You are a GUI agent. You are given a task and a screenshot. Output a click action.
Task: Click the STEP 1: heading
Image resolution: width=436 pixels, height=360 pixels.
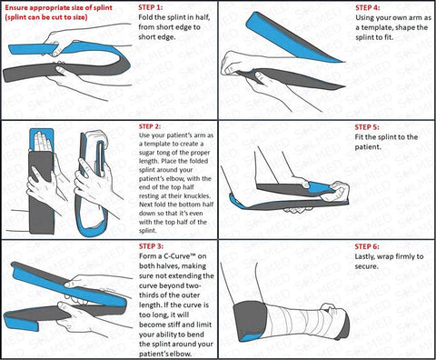[150, 7]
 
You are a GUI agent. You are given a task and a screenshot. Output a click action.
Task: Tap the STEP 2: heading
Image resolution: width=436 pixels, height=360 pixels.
[150, 126]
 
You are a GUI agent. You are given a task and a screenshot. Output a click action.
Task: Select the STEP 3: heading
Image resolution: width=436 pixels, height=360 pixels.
[151, 246]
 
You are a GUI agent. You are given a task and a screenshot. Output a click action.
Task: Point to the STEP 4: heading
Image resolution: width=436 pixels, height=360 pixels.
[368, 7]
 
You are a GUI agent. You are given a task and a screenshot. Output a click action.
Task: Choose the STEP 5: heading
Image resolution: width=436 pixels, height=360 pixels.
[367, 127]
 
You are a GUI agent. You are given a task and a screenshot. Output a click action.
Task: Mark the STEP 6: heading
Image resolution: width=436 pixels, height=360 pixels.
[367, 246]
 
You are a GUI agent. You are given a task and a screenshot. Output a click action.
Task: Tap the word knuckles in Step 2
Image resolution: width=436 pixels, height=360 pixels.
[198, 195]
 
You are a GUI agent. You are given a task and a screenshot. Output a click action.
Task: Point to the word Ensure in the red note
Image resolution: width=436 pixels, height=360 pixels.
[15, 7]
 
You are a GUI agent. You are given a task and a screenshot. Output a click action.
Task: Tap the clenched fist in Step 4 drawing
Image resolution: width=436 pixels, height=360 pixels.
[234, 63]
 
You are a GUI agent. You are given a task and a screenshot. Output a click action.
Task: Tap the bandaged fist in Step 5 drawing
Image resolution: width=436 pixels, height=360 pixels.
[335, 191]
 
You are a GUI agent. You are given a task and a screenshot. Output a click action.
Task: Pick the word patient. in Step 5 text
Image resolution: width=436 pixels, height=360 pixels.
[368, 147]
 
